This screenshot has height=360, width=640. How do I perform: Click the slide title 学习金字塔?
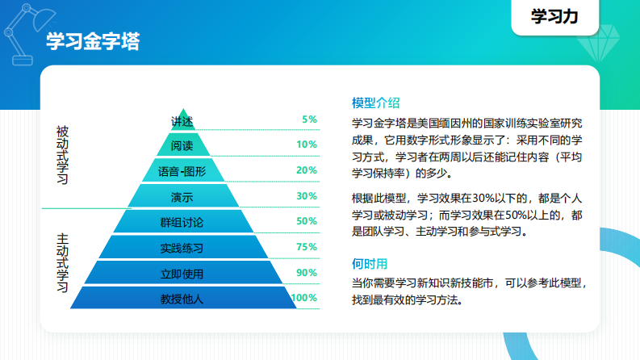(x=93, y=42)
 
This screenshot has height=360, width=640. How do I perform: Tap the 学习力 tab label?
(x=554, y=17)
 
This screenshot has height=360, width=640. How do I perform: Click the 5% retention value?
(x=309, y=119)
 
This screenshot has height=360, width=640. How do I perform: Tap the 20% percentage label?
(x=307, y=170)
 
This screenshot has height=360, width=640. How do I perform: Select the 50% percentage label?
(x=307, y=221)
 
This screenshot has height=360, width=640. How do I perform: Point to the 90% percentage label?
(x=307, y=273)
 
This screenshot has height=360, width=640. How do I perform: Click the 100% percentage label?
(x=304, y=298)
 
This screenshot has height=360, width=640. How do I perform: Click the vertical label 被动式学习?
(x=62, y=155)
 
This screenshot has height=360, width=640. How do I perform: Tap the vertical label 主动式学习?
(x=62, y=263)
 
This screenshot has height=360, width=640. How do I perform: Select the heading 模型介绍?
(x=375, y=103)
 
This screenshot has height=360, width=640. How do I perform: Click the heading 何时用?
(x=370, y=264)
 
